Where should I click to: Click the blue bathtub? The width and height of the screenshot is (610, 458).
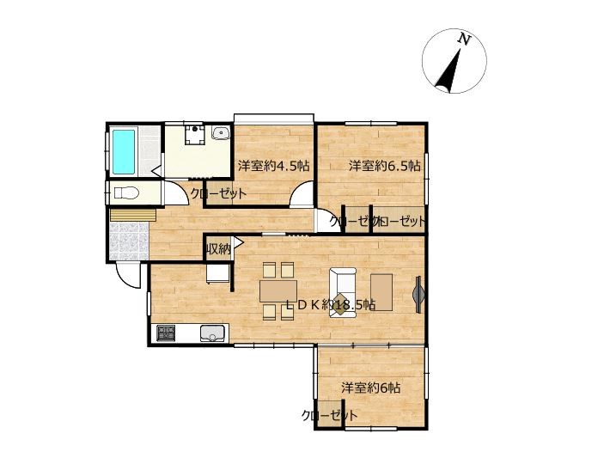click(x=124, y=152)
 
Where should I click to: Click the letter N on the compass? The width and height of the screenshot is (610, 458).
click(x=464, y=39)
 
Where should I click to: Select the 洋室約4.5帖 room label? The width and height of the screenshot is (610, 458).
click(x=273, y=166)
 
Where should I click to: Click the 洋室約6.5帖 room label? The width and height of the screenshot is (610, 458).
click(x=384, y=166)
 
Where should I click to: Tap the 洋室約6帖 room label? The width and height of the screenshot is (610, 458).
click(x=371, y=388)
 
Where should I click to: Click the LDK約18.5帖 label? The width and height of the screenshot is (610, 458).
click(x=331, y=305)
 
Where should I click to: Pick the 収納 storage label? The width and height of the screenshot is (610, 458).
click(x=218, y=248)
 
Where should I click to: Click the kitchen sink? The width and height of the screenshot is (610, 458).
click(x=213, y=333)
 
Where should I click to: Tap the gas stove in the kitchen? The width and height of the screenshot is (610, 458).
click(x=166, y=333)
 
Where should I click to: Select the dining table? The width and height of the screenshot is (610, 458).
click(x=278, y=290)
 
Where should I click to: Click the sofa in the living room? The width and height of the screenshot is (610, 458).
click(x=342, y=292)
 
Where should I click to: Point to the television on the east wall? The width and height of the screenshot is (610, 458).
click(x=418, y=294)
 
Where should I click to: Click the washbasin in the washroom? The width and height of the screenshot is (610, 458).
click(x=221, y=132)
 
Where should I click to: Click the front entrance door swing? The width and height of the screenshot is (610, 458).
click(x=128, y=277)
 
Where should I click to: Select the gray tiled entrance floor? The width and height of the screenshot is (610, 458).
click(x=129, y=241)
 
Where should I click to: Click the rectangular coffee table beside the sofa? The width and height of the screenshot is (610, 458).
click(x=381, y=292)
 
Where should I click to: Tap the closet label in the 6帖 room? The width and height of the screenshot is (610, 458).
click(x=329, y=415)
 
